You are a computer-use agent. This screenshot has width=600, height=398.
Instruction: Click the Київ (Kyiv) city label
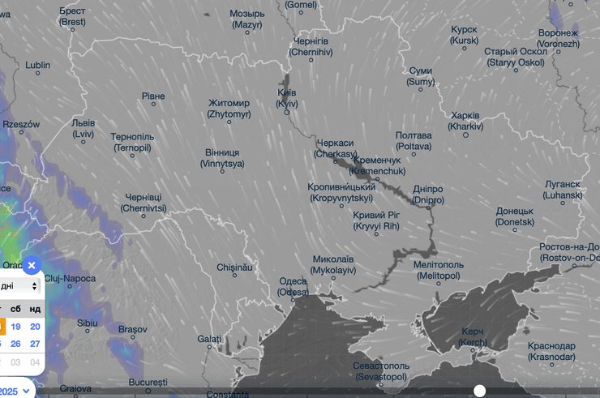[286, 98]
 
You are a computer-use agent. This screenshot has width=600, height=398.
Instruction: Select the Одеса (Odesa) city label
[293, 286]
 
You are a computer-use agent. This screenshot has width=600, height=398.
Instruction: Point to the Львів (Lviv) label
[83, 128]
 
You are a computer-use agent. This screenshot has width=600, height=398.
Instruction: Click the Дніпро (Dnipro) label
[427, 195]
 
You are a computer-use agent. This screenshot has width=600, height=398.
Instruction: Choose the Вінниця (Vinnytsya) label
[221, 157]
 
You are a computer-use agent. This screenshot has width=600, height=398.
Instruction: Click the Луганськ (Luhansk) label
[563, 190]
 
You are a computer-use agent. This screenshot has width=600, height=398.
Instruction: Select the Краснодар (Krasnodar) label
[551, 351]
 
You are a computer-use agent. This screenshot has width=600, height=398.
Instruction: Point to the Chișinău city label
[235, 267]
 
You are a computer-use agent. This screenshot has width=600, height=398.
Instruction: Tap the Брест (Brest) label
[72, 16]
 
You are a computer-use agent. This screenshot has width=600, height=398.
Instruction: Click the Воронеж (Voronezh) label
[559, 38]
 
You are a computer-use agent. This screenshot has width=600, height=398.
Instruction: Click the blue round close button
[31, 265]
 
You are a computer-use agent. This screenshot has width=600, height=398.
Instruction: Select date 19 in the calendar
[15, 327]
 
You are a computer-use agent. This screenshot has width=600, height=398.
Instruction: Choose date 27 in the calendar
[35, 344]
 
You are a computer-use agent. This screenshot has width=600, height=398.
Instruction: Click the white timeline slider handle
[479, 391]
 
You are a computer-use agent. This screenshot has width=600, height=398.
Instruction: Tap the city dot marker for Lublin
[37, 74]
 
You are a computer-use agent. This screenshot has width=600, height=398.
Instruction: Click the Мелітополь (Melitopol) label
[438, 270]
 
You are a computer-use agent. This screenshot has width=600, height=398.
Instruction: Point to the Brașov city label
[132, 329]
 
